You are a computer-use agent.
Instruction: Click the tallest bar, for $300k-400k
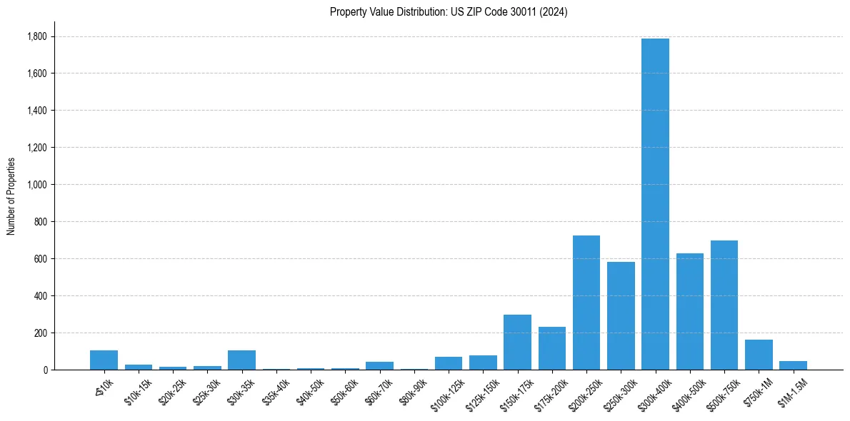point(655,204)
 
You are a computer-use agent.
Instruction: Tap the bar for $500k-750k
point(724,305)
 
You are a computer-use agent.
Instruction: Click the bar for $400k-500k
point(690,312)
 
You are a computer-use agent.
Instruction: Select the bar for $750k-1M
point(759,355)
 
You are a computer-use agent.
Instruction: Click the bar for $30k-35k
point(241,360)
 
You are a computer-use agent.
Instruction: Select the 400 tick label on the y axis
point(40,296)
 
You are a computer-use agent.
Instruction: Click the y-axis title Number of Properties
point(11,196)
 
